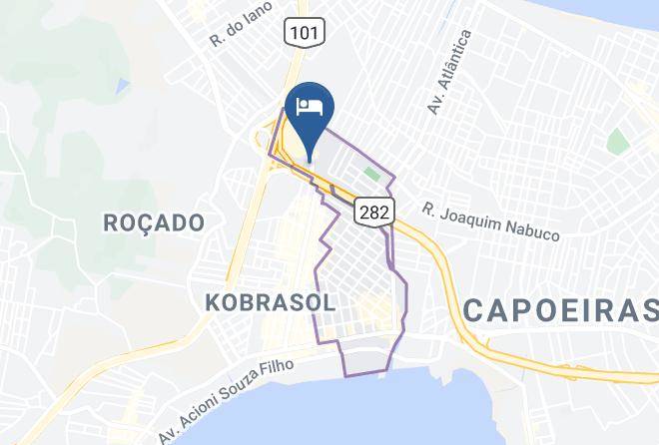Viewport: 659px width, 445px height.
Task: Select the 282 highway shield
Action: pyautogui.click(x=375, y=209)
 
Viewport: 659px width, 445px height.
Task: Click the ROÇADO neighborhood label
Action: pyautogui.click(x=154, y=222)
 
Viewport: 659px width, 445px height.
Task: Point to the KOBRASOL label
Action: pyautogui.click(x=270, y=300)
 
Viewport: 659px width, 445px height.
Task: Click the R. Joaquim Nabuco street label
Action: pyautogui.click(x=490, y=222)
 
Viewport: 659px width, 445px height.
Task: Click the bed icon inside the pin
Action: pyautogui.click(x=310, y=107)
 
